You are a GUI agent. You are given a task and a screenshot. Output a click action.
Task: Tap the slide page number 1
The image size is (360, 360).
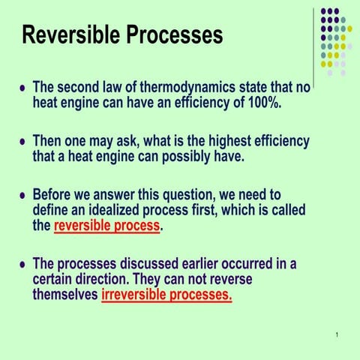click(339, 334)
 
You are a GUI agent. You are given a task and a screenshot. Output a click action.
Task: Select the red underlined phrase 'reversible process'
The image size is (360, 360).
click(106, 226)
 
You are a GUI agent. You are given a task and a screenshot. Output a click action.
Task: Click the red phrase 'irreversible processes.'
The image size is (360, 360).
click(166, 295)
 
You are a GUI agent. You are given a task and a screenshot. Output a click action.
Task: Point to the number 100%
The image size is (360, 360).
click(265, 103)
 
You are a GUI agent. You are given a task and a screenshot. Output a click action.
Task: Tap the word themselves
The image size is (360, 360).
click(64, 295)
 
